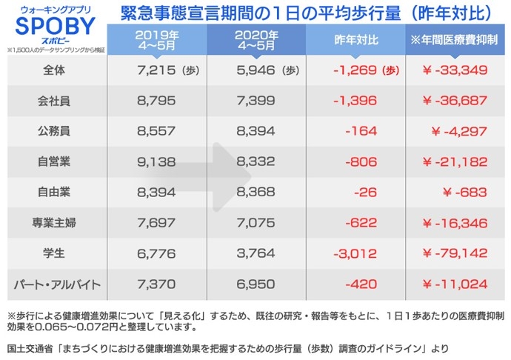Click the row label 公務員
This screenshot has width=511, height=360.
tap(53, 131)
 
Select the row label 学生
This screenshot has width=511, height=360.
tap(53, 253)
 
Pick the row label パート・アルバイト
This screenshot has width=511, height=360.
tap(53, 284)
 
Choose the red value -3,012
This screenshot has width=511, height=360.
tap(356, 253)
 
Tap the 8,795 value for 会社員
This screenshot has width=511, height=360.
tap(156, 101)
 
